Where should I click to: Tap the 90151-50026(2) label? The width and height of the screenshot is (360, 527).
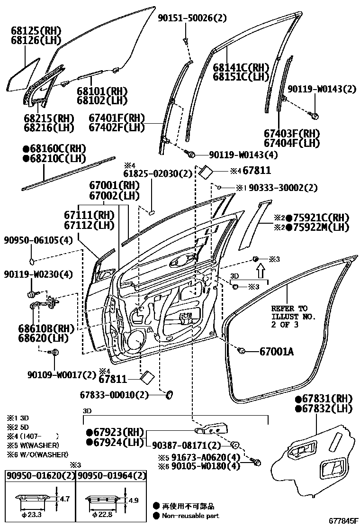pyautogui.click(x=192, y=18)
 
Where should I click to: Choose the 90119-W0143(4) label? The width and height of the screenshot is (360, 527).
pyautogui.click(x=237, y=154)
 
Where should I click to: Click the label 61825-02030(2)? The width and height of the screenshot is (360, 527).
pyautogui.click(x=158, y=174)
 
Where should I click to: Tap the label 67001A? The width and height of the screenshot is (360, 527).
pyautogui.click(x=277, y=352)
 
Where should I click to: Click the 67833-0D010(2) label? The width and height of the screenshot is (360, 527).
pyautogui.click(x=115, y=394)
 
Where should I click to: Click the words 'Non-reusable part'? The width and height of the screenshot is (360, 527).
pyautogui.click(x=190, y=516)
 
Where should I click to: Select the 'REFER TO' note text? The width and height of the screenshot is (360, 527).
pyautogui.click(x=289, y=308)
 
